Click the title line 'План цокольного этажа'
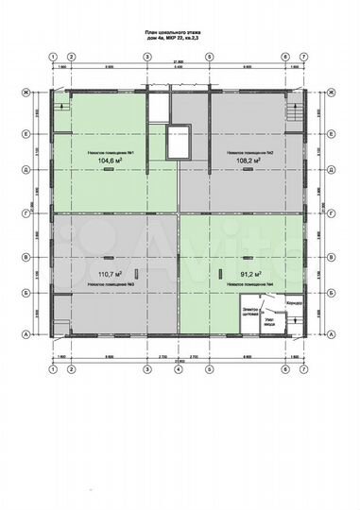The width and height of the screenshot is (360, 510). tap(180, 31)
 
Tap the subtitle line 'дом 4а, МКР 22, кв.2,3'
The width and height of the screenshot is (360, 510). tap(180, 39)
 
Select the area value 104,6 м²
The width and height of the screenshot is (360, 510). tap(112, 161)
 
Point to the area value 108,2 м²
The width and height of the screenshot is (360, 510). tap(249, 161)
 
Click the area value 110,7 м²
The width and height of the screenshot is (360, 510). tap(112, 273)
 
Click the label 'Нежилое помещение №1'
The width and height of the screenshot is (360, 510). tap(112, 151)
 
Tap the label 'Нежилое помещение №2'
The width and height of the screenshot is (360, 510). tap(249, 151)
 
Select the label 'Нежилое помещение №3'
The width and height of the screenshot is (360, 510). tap(112, 283)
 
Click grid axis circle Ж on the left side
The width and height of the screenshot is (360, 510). tap(26, 93)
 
